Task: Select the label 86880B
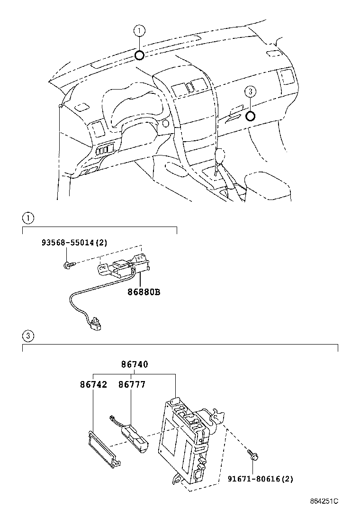pyautogui.click(x=144, y=292)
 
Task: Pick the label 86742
pyautogui.click(x=93, y=384)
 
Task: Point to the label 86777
pyautogui.click(x=132, y=384)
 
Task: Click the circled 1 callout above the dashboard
pyautogui.click(x=139, y=31)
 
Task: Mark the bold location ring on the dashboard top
pyautogui.click(x=139, y=55)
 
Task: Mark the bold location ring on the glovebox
pyautogui.click(x=251, y=115)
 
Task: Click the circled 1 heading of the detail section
pyautogui.click(x=28, y=218)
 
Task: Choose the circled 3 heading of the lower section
pyautogui.click(x=28, y=336)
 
